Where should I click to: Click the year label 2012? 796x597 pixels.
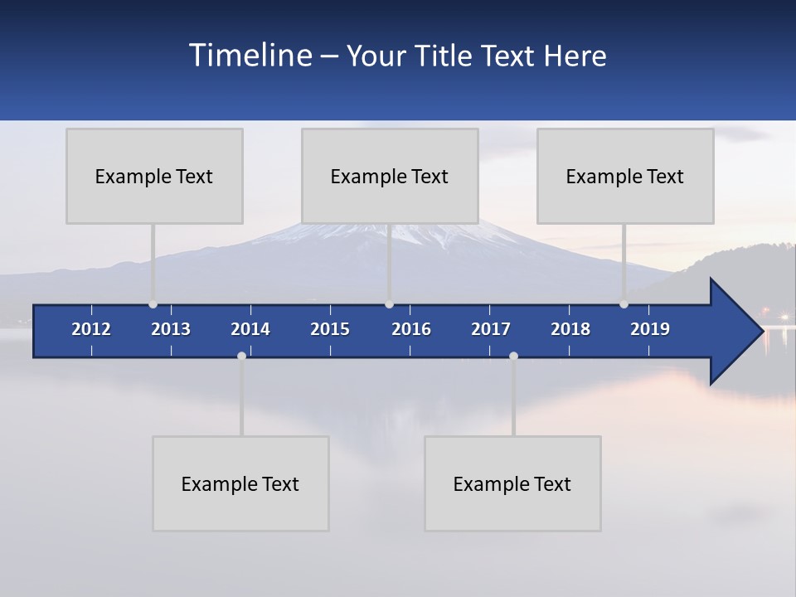[x=91, y=329]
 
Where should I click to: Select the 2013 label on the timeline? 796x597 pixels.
[x=171, y=329]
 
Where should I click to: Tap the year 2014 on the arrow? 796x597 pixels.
[x=250, y=329]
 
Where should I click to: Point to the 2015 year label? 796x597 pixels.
[x=330, y=329]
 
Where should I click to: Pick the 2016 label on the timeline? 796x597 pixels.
[x=411, y=329]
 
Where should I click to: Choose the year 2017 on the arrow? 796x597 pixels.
[x=491, y=329]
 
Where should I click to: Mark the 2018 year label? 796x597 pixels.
[x=570, y=329]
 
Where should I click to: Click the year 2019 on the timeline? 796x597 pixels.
[x=650, y=329]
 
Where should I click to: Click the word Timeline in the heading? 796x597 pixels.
[x=250, y=56]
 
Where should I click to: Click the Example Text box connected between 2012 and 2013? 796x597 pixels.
[x=154, y=176]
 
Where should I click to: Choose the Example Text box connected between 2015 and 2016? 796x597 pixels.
[x=390, y=176]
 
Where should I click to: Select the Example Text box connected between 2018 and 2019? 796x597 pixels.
[x=625, y=176]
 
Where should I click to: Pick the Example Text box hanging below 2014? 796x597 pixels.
[x=240, y=483]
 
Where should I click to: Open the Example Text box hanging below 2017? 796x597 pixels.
[x=512, y=483]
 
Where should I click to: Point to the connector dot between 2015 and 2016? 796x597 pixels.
[x=389, y=304]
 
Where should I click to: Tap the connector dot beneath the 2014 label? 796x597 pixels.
[x=241, y=356]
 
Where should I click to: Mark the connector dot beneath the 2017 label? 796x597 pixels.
[x=513, y=356]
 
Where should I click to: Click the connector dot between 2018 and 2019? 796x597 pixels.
[x=624, y=304]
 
